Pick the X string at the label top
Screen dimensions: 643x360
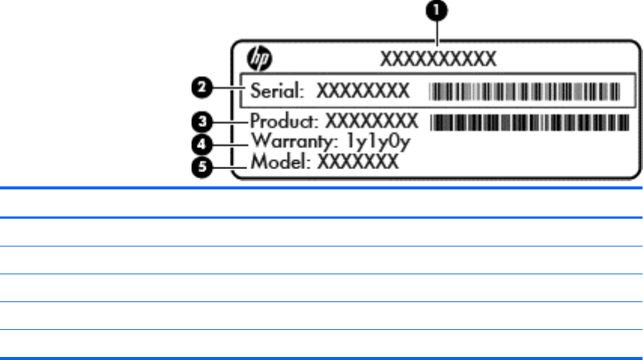click(439, 58)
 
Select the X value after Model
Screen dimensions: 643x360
click(356, 161)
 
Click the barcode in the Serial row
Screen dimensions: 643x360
click(524, 92)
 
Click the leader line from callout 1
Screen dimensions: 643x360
click(438, 34)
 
